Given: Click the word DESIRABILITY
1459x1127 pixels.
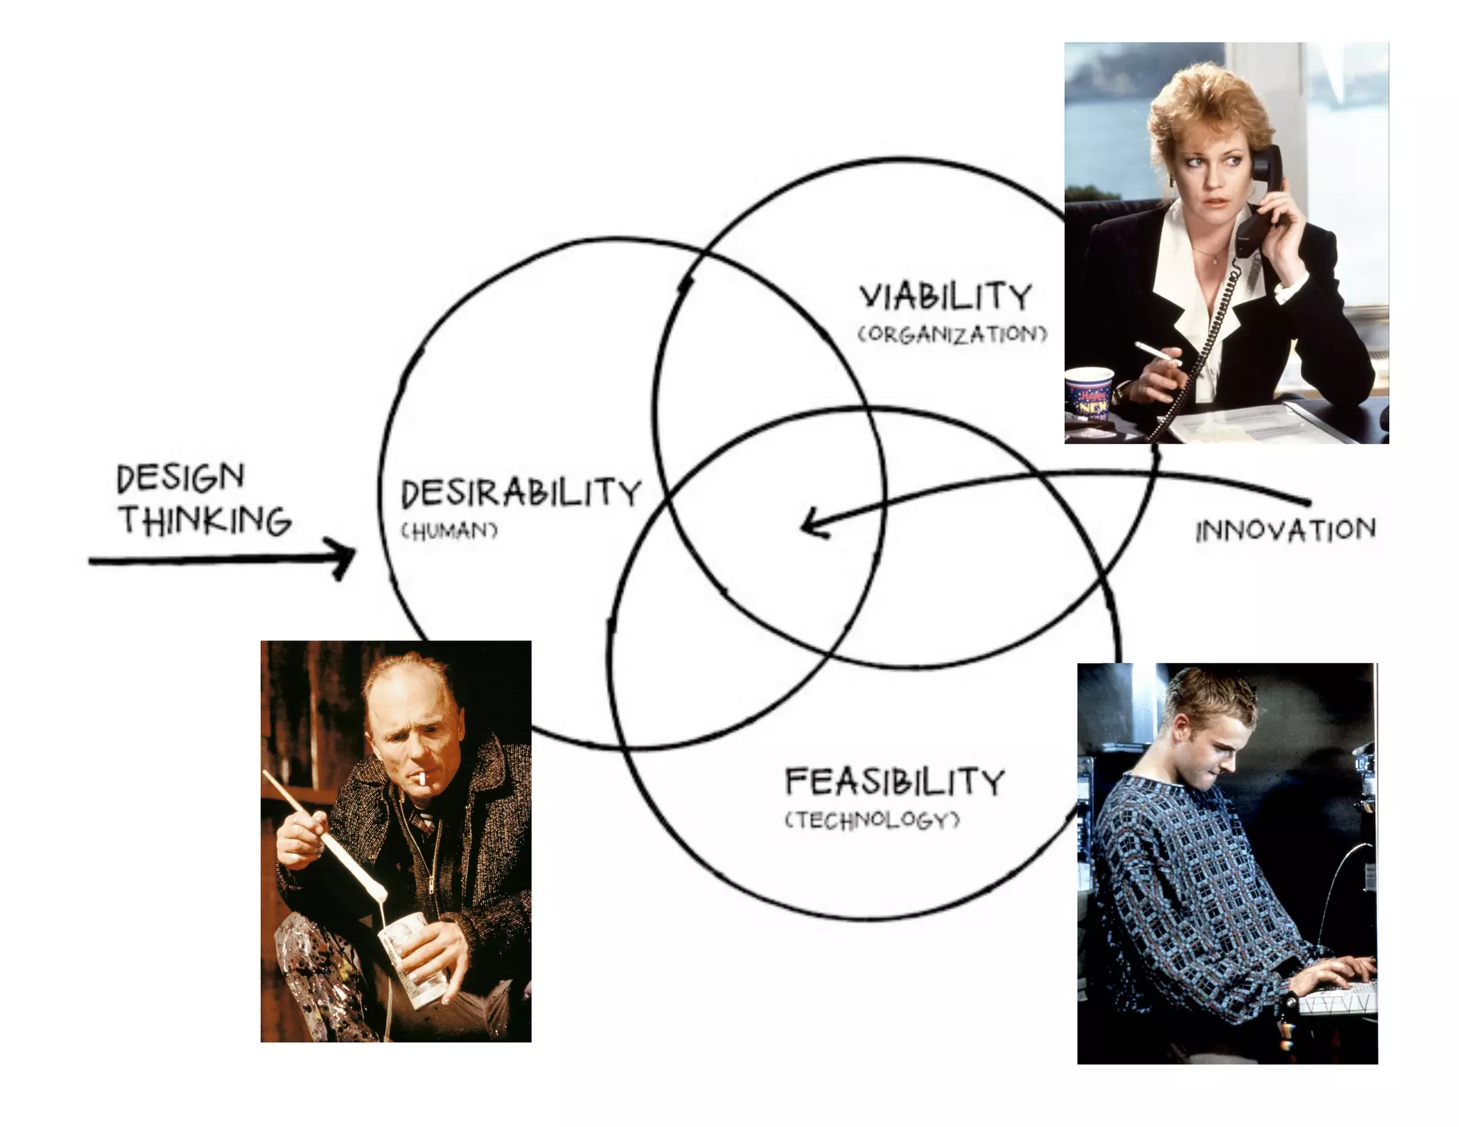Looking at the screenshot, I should (x=521, y=493).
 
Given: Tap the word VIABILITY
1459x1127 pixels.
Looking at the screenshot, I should (x=945, y=296).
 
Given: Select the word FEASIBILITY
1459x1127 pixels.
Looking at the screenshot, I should (x=894, y=781).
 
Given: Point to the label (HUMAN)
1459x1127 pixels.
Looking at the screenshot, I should (x=449, y=531).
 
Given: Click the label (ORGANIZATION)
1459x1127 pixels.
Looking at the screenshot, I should (x=952, y=334).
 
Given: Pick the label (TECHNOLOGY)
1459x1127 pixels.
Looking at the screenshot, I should (x=872, y=820).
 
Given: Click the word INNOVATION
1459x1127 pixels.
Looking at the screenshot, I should (x=1285, y=530).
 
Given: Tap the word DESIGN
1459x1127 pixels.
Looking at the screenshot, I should (x=180, y=477).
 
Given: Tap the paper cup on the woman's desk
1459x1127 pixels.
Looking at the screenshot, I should (x=1089, y=394).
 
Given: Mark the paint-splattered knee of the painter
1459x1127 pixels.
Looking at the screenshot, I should (x=313, y=955).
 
